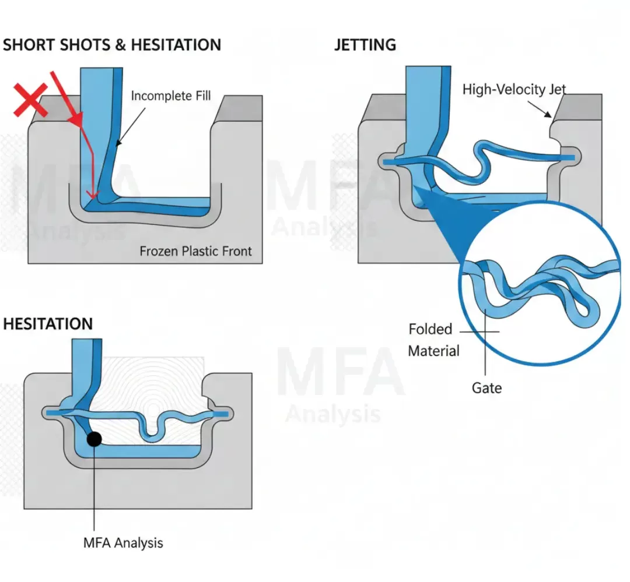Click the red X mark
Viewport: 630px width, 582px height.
[x=31, y=100]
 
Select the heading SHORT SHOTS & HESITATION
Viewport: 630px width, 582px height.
[x=112, y=45]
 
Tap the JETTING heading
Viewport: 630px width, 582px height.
[x=365, y=45]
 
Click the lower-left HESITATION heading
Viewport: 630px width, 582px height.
[x=48, y=324]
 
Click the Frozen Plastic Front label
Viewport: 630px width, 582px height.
[x=195, y=251]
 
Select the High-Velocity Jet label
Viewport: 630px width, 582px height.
[x=514, y=89]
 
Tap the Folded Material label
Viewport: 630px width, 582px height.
[x=433, y=340]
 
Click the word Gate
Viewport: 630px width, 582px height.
[x=487, y=387]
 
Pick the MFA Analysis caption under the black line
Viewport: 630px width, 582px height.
[x=123, y=543]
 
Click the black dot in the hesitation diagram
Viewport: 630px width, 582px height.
[x=93, y=438]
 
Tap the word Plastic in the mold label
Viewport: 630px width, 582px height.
[x=197, y=251]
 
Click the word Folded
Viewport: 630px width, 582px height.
[x=430, y=329]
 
